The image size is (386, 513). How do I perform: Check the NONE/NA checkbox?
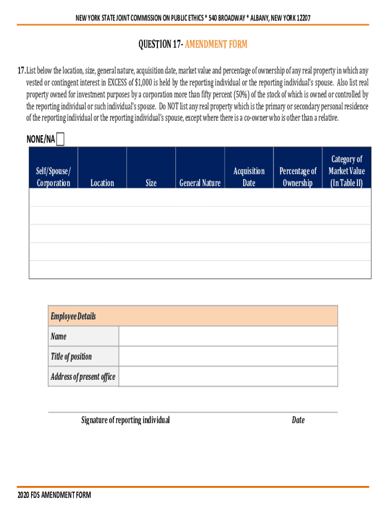[61, 139]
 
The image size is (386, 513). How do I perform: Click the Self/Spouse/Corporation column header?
[54, 177]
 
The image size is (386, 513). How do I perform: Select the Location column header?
[102, 183]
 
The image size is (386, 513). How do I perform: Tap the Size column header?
[151, 183]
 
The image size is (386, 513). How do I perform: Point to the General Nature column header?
[200, 183]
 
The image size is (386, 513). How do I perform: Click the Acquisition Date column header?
[249, 177]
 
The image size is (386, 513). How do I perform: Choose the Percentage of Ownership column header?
[298, 177]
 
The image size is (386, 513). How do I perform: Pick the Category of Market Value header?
[346, 171]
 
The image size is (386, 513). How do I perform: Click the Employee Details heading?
[73, 316]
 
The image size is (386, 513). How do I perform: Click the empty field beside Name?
[228, 336]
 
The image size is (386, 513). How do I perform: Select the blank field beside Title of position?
[228, 356]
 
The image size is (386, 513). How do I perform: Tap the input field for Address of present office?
[228, 377]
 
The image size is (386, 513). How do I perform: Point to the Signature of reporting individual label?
[125, 420]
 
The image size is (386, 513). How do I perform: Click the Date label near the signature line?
[298, 420]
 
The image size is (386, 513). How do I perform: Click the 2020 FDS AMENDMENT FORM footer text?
[54, 495]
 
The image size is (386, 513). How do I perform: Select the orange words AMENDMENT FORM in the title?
[216, 45]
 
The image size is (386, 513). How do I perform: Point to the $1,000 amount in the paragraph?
[145, 82]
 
